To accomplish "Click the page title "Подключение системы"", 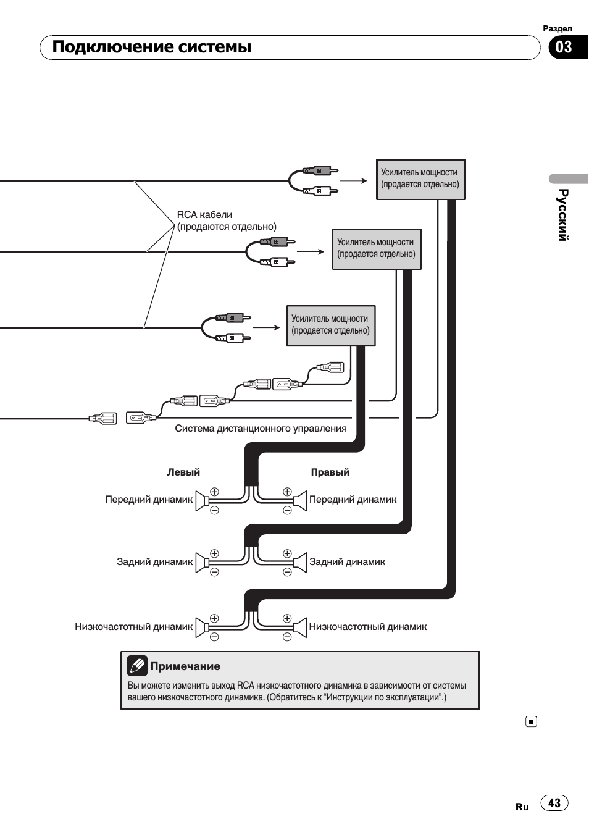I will click(151, 48).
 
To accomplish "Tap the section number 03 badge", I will click(564, 48).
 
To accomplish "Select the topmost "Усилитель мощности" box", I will click(420, 179).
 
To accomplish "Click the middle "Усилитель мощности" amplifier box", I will click(377, 249).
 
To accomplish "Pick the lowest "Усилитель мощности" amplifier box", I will click(331, 325).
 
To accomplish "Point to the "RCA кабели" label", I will click(204, 215).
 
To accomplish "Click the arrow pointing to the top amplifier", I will click(354, 180).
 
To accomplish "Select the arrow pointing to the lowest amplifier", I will click(266, 327).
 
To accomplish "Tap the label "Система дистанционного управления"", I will click(261, 429).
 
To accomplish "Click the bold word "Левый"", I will click(183, 472).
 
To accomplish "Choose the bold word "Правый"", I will click(330, 472).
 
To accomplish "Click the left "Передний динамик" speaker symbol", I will click(202, 501).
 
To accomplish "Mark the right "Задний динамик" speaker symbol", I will click(301, 563).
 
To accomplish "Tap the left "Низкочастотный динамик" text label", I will click(133, 627).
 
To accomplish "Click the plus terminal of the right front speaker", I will click(287, 492).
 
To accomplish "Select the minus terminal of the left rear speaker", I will click(214, 573).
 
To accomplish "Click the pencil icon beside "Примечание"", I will click(137, 666).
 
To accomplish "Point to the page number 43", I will click(554, 803).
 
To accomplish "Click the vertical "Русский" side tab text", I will click(562, 215).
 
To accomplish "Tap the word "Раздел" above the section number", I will click(558, 28).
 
